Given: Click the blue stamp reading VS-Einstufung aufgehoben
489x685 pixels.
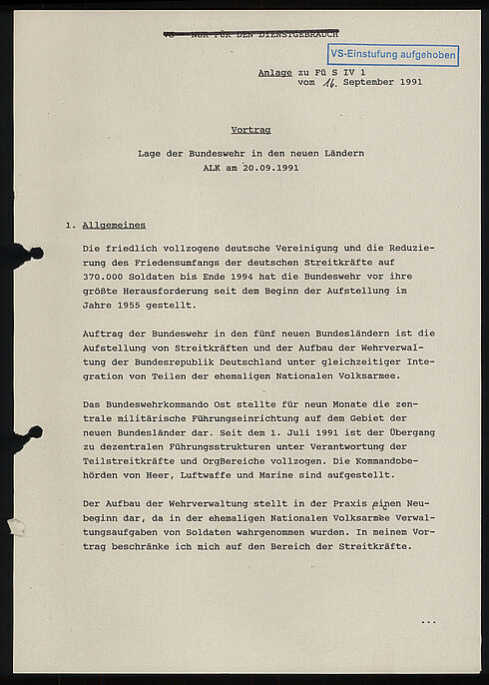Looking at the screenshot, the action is pyautogui.click(x=392, y=55).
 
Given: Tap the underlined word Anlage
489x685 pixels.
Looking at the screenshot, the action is pyautogui.click(x=273, y=72).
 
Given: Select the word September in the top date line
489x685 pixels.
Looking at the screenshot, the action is pyautogui.click(x=366, y=83).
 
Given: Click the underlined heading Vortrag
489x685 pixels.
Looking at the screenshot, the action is pyautogui.click(x=250, y=130).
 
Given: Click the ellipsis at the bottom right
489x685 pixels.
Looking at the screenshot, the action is pyautogui.click(x=428, y=622).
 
